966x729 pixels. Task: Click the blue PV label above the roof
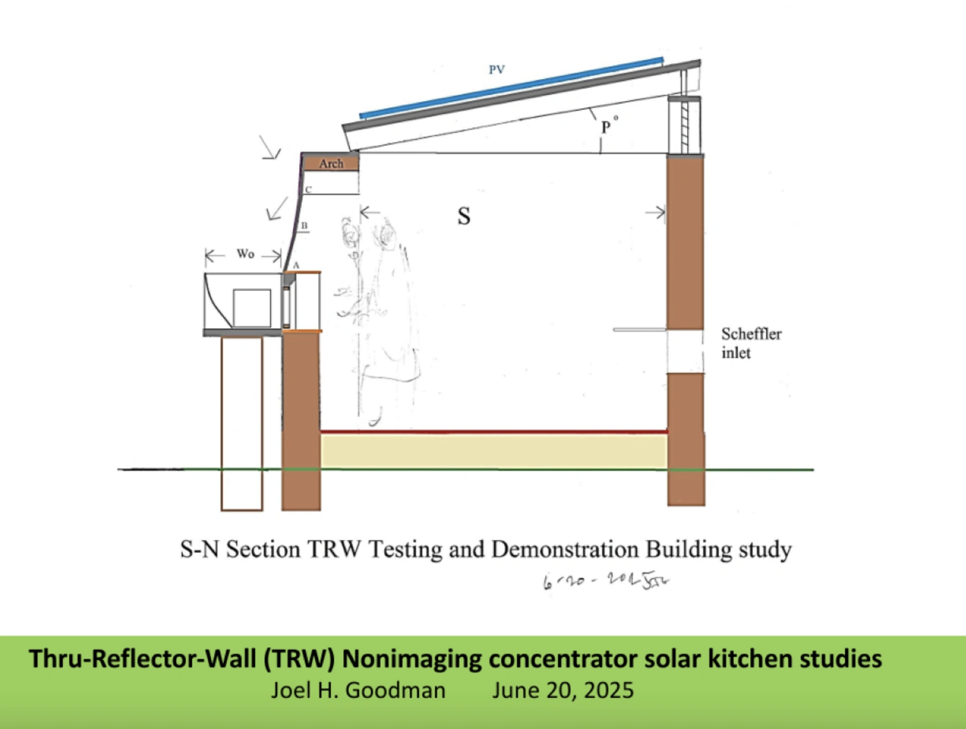tap(496, 70)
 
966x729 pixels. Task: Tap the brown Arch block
tap(331, 164)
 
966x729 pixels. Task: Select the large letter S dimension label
tap(464, 216)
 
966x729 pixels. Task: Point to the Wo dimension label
tap(245, 254)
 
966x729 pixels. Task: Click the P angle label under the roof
tap(606, 127)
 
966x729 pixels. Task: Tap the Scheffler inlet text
tap(750, 343)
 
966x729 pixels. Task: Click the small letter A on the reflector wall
tap(296, 266)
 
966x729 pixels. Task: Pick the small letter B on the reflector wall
tap(304, 226)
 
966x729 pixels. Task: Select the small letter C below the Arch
tap(308, 190)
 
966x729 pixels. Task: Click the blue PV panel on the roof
tap(512, 88)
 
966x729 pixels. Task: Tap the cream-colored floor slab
tap(494, 451)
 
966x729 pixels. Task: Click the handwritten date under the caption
tap(606, 582)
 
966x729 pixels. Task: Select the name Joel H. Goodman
tap(358, 690)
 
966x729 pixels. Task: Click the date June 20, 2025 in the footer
tap(563, 690)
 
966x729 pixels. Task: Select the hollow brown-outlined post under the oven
tap(241, 424)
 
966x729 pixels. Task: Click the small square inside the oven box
tap(252, 308)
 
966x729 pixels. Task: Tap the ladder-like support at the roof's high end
tap(685, 124)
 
